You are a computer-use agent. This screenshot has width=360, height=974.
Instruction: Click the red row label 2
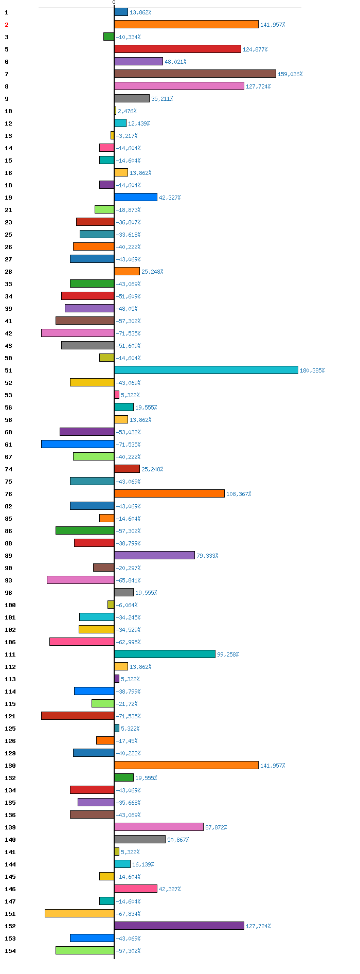[7, 25]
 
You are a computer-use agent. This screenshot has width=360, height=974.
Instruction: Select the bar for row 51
[206, 370]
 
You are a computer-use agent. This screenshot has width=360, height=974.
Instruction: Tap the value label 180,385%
[312, 370]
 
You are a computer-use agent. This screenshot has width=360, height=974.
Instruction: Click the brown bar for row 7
[195, 74]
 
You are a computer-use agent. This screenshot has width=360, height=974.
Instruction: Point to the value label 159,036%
[290, 74]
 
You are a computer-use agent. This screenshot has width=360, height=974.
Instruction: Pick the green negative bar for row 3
[109, 37]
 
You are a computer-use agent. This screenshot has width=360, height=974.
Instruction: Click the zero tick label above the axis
[114, 3]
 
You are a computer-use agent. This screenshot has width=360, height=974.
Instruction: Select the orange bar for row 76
[169, 493]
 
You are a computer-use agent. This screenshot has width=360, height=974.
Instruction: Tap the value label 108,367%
[239, 494]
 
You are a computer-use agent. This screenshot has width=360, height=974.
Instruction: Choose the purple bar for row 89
[154, 555]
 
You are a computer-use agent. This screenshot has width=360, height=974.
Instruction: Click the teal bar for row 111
[165, 654]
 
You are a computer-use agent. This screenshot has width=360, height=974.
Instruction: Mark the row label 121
[10, 716]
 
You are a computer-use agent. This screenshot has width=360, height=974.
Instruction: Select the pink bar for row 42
[78, 333]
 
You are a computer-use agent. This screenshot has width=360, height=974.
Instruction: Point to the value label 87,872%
[216, 827]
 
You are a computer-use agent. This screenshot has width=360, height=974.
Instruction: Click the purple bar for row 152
[179, 926]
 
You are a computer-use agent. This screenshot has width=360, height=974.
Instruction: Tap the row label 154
[10, 951]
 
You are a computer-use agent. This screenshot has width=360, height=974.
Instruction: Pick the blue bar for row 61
[78, 444]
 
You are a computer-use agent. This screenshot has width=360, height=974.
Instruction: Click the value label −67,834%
[128, 914]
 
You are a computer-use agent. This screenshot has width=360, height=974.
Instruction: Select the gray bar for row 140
[140, 839]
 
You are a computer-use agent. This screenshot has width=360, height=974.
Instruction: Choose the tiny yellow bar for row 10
[115, 111]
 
